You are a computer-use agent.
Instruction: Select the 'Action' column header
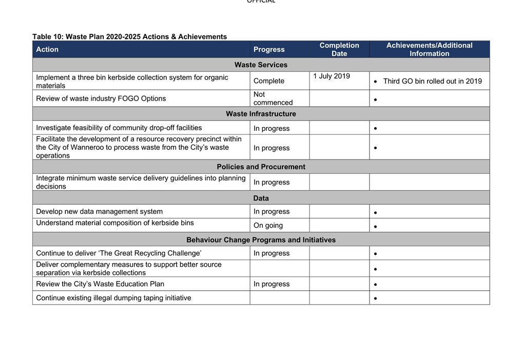tap(47, 50)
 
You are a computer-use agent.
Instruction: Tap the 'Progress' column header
tap(269, 50)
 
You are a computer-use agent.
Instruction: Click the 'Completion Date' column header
tap(339, 49)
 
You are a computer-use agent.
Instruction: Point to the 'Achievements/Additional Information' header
tap(429, 49)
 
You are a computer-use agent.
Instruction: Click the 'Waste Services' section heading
tap(261, 65)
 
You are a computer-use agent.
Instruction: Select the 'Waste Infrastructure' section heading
tap(261, 114)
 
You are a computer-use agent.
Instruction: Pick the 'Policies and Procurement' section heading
tap(261, 167)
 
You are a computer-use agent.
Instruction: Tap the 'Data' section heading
tap(261, 198)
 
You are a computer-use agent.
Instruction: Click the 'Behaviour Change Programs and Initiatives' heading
tap(261, 240)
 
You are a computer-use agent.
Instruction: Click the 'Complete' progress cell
tap(269, 81)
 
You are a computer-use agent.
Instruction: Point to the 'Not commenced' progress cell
tap(273, 98)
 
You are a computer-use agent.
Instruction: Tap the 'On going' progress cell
tap(268, 226)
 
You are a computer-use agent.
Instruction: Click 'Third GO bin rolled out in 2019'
tap(432, 81)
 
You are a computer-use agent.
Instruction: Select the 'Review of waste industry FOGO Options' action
tap(101, 98)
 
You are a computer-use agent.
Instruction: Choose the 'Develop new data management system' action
tap(99, 212)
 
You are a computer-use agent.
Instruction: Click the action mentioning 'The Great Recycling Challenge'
tap(119, 253)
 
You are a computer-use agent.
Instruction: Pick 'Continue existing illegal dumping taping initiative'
tap(113, 298)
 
